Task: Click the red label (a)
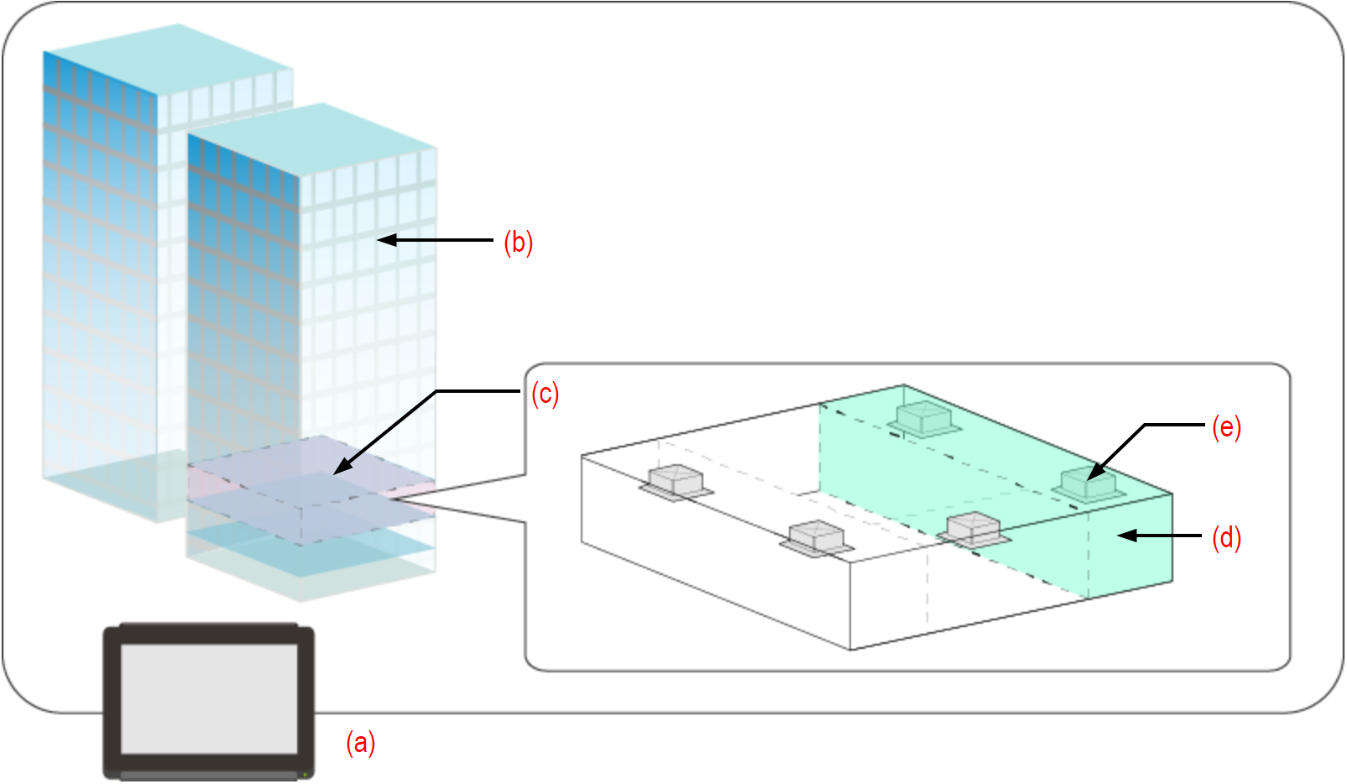361,743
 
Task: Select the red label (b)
518,242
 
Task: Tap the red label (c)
545,394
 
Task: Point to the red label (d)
1226,537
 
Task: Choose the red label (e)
1226,427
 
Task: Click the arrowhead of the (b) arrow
382,240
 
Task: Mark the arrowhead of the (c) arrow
338,471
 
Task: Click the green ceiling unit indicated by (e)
1088,486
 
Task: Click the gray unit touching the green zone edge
974,530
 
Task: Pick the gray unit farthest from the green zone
676,481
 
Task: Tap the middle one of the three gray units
816,537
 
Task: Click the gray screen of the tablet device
209,698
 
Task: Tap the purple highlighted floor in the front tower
311,491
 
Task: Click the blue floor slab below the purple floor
311,554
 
